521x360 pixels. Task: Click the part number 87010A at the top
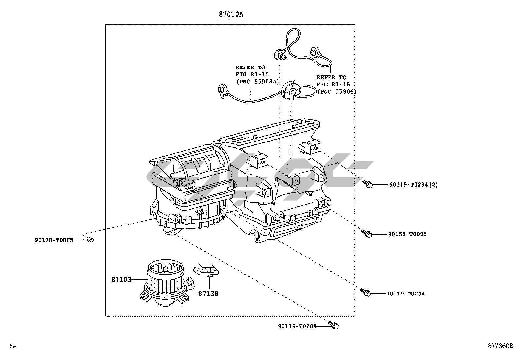[x=231, y=14]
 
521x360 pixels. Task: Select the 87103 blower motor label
[x=121, y=279]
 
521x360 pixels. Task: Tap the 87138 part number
[x=208, y=294]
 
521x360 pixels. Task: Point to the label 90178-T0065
[x=54, y=240]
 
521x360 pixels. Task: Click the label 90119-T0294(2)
[x=414, y=185]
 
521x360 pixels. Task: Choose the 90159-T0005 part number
[x=407, y=234]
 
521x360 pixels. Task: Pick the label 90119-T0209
[x=297, y=326]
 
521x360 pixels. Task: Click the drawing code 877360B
[x=500, y=346]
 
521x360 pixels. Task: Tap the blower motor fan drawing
[x=167, y=283]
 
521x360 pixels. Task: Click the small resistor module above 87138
[x=206, y=270]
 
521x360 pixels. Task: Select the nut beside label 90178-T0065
[x=90, y=239]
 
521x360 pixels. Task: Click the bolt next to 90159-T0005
[x=367, y=233]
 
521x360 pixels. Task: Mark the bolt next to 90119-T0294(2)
[x=368, y=184]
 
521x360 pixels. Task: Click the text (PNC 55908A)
[x=258, y=82]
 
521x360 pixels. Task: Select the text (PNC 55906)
[x=337, y=91]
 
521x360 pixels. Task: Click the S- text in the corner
[x=13, y=346]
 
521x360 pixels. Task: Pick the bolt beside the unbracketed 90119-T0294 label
[x=366, y=293]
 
